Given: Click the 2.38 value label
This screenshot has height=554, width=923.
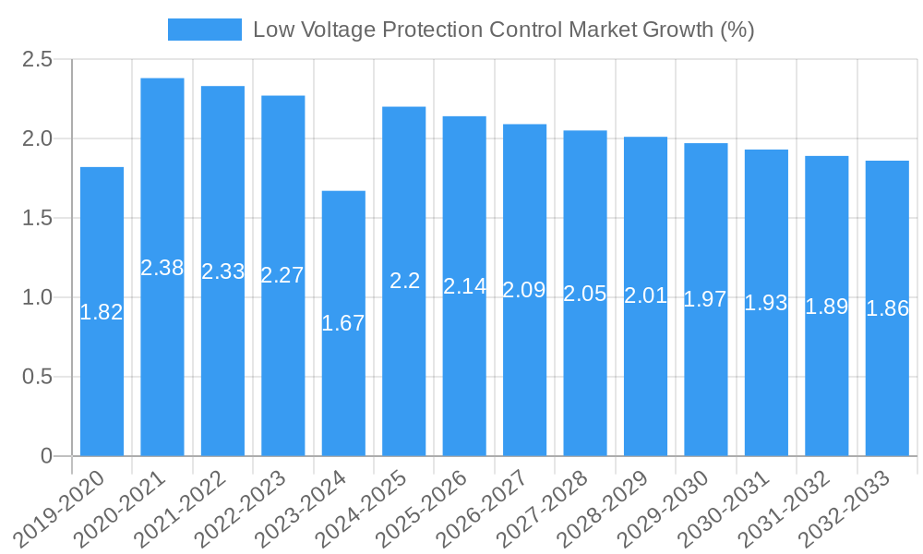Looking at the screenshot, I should coord(162,268).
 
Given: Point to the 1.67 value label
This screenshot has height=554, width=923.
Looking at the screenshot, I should coord(343,323).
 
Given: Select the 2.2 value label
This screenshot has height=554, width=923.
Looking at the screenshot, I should coord(404,281).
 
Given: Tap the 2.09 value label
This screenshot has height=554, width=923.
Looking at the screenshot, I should coord(524,290).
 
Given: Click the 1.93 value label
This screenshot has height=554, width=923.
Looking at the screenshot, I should coord(766,303).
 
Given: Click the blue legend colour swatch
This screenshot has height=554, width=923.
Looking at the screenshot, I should coord(204,30).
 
